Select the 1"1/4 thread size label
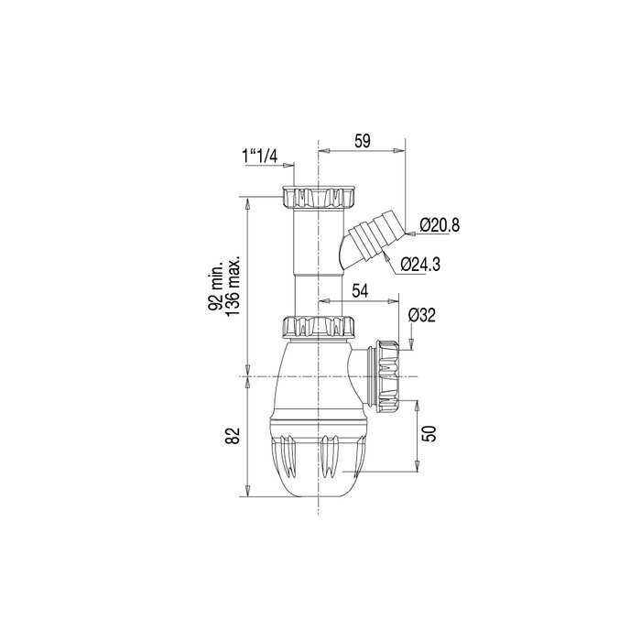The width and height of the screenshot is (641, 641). [262, 157]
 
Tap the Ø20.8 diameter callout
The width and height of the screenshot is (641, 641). [440, 225]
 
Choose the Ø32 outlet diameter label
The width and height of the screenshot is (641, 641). [421, 314]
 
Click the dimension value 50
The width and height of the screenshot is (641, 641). [428, 433]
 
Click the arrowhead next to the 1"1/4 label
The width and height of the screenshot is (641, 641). [290, 166]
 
